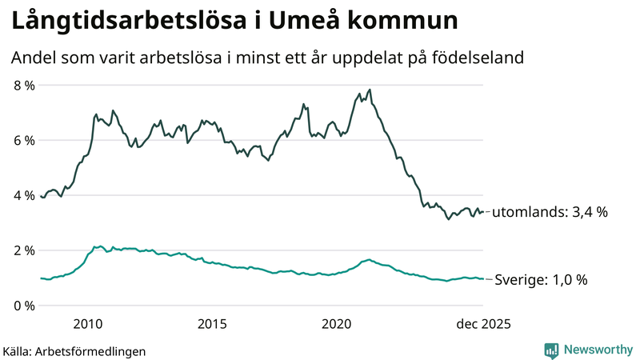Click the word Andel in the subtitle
(x=32, y=58)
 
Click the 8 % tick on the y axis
(x=23, y=85)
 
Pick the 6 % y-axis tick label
(x=23, y=140)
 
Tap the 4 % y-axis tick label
(x=23, y=195)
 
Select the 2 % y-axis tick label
(x=23, y=250)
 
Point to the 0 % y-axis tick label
(x=23, y=306)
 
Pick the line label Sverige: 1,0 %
(x=541, y=280)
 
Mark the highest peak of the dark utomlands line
(x=370, y=90)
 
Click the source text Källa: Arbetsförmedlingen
(x=74, y=350)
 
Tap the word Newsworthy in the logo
(x=597, y=350)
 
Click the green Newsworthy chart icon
(x=551, y=350)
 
